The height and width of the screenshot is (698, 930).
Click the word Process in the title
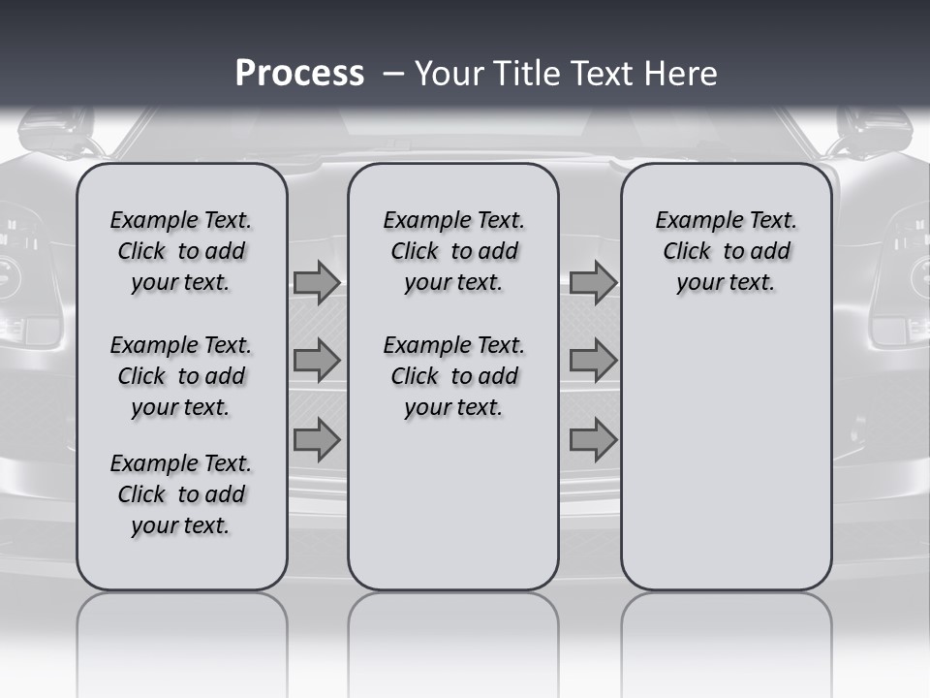pos(299,74)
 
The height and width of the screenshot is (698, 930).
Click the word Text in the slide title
pos(599,74)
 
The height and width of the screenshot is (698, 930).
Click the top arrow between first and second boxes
pos(317,282)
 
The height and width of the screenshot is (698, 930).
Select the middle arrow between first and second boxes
pos(317,361)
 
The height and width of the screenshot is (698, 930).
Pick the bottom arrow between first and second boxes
pos(317,439)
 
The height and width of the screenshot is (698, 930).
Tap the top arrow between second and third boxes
pos(593,282)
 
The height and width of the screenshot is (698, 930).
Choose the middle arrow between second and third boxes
pos(593,361)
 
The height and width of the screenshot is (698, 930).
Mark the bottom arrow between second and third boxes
pos(593,439)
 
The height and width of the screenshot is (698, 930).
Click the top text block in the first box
pos(181,251)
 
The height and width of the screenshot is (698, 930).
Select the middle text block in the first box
pos(181,376)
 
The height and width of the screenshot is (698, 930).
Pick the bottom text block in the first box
pos(181,494)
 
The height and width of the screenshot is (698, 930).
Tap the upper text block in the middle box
pos(453,251)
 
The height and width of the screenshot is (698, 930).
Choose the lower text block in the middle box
pos(453,376)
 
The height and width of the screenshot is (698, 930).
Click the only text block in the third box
pos(726,251)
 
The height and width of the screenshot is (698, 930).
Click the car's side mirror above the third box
pos(872,131)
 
